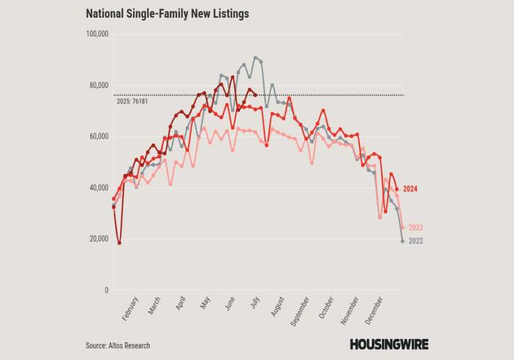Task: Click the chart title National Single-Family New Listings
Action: [x=167, y=14]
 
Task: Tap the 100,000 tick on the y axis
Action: [x=97, y=34]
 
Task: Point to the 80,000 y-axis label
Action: [x=99, y=86]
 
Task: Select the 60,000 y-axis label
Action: [x=99, y=137]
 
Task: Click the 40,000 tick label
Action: [x=99, y=188]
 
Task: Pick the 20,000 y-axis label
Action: [x=99, y=239]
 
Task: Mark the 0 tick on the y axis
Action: [x=106, y=290]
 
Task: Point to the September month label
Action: [x=300, y=313]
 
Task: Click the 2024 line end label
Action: [x=411, y=189]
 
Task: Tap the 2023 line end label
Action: [x=415, y=227]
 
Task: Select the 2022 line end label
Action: [x=415, y=241]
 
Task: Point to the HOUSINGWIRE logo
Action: [x=389, y=344]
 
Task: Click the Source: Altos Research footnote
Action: [x=118, y=346]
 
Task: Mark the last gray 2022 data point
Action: [x=403, y=241]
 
